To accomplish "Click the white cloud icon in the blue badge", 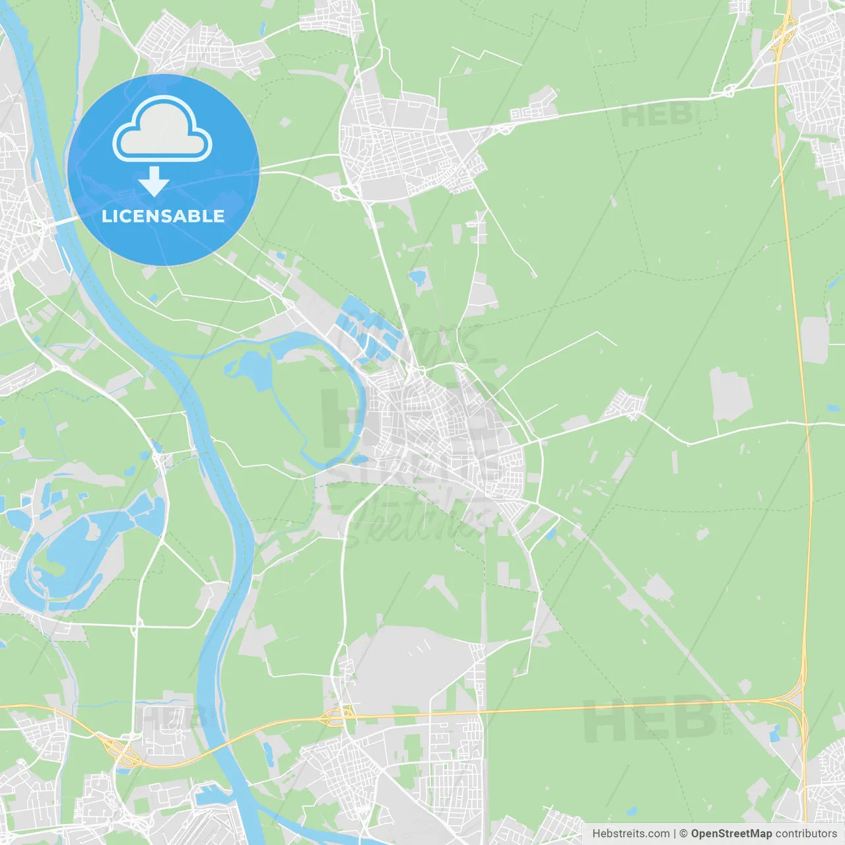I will (x=162, y=130).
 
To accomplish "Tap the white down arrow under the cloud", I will (x=154, y=182).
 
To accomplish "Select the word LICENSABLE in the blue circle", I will (x=162, y=216).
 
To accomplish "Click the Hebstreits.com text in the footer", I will (x=630, y=834).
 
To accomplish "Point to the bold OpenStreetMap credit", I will (x=731, y=834).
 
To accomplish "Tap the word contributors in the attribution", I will (x=805, y=834).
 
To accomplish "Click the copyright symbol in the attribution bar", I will (x=683, y=834).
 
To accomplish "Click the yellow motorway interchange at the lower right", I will (x=795, y=700).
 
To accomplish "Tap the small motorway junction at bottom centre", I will (x=337, y=714).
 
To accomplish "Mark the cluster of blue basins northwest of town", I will (x=366, y=330).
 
